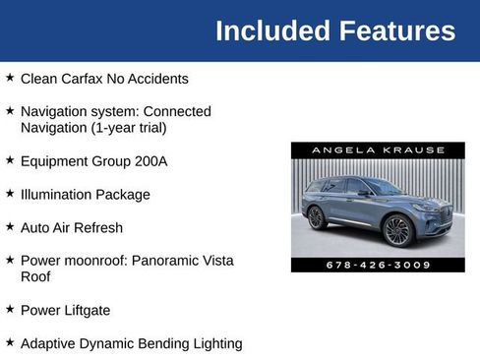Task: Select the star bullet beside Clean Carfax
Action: (x=10, y=78)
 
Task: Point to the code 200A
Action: (x=150, y=160)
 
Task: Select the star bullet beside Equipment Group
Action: (x=10, y=159)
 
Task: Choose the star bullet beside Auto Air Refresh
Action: (x=10, y=226)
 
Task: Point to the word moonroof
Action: (x=94, y=261)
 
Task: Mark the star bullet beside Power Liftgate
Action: (x=10, y=309)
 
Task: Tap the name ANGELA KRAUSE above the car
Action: (x=378, y=150)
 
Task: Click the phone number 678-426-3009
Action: (x=378, y=265)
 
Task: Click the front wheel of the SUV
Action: (x=397, y=230)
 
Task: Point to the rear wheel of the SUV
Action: (x=317, y=217)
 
